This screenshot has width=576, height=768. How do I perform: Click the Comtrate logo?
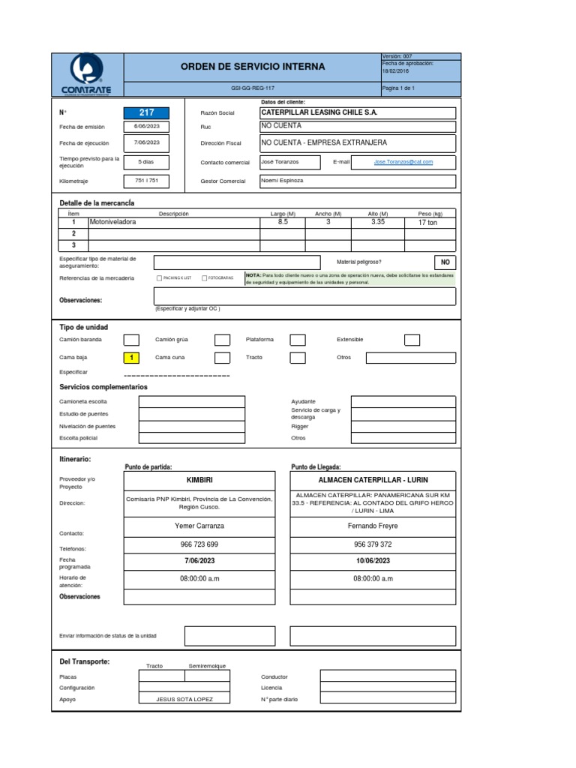click(x=85, y=74)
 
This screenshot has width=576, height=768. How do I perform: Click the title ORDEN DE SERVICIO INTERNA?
click(x=253, y=67)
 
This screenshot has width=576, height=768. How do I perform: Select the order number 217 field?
click(x=146, y=112)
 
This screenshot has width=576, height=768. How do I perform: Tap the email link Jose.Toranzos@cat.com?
click(x=403, y=161)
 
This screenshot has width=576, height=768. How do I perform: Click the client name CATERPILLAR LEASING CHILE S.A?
click(x=319, y=112)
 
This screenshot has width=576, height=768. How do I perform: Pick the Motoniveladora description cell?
click(x=173, y=223)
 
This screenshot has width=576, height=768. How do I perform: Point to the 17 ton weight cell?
click(x=429, y=223)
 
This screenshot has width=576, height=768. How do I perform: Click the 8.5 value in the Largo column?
click(x=283, y=223)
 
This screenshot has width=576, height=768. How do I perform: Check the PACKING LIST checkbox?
click(x=159, y=278)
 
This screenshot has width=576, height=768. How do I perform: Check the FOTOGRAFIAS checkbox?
click(x=204, y=278)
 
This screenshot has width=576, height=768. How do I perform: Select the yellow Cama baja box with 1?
click(x=131, y=358)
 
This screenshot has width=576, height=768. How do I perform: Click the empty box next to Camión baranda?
click(x=131, y=340)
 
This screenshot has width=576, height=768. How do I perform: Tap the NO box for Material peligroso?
click(x=445, y=262)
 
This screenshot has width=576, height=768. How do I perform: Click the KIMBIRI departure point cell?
click(x=199, y=479)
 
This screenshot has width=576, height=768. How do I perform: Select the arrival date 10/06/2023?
click(x=373, y=561)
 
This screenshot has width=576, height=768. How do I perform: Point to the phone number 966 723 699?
click(x=199, y=544)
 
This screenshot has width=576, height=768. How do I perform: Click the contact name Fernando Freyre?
click(x=373, y=526)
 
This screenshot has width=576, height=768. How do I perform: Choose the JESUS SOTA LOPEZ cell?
click(x=184, y=699)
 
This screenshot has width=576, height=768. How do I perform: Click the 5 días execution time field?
click(x=146, y=162)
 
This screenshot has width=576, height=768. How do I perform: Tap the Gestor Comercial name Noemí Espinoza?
click(x=281, y=181)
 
